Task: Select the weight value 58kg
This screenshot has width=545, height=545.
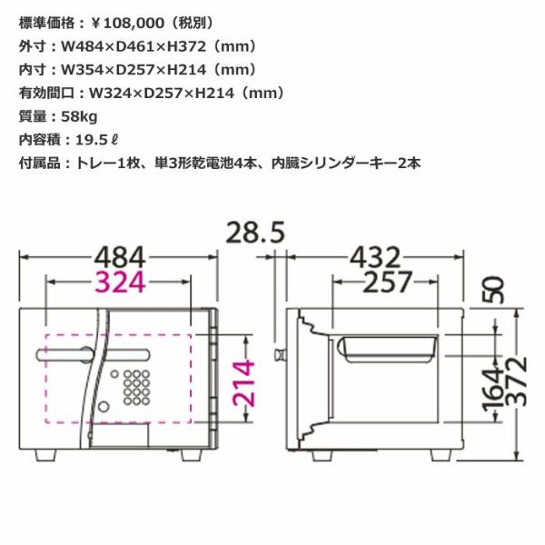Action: coord(79,116)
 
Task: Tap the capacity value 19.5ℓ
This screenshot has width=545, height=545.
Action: coord(97,140)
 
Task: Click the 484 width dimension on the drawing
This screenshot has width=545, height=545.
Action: coord(120,257)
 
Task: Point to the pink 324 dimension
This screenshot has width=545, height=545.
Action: coord(120,282)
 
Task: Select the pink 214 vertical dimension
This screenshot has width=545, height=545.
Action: coord(243,383)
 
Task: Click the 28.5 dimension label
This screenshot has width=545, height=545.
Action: coord(255,233)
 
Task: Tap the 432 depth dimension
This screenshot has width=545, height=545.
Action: coord(375,257)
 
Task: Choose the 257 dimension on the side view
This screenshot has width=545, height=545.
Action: coord(388,282)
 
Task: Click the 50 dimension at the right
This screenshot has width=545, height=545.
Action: coord(493,291)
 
